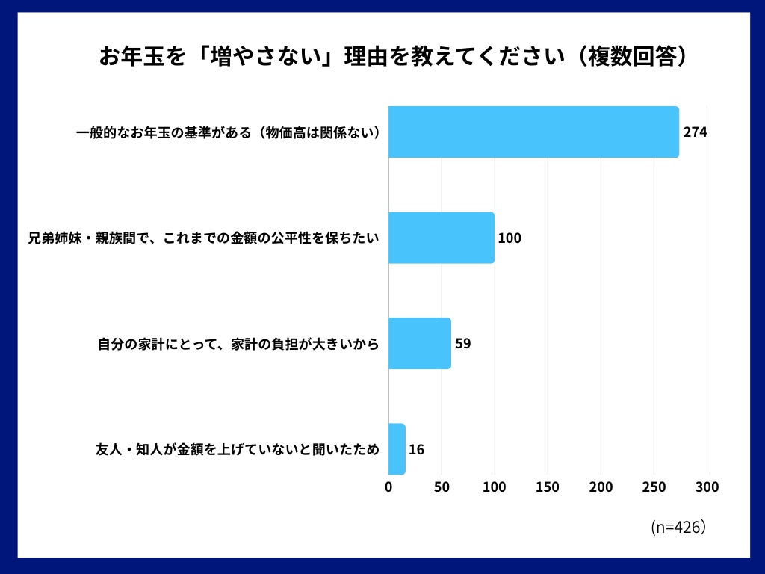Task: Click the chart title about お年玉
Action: (x=393, y=58)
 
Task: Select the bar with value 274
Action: (x=533, y=132)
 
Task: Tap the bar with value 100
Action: (x=442, y=238)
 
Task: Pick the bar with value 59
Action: (x=420, y=344)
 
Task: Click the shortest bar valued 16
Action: (x=397, y=449)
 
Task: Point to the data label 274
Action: (x=695, y=132)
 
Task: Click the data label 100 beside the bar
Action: (x=510, y=238)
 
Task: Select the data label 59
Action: (x=463, y=344)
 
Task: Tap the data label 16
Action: (x=416, y=450)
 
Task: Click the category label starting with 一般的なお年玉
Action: (x=229, y=133)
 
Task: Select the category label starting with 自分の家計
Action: (x=238, y=345)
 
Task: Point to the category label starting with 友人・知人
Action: (x=238, y=450)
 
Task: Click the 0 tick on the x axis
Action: (x=388, y=487)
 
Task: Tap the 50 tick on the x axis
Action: (x=442, y=487)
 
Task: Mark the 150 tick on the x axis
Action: (x=548, y=487)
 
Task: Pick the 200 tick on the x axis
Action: (x=601, y=487)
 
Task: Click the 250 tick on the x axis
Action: (x=654, y=487)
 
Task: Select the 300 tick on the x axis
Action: (x=707, y=487)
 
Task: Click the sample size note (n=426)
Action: (x=678, y=527)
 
